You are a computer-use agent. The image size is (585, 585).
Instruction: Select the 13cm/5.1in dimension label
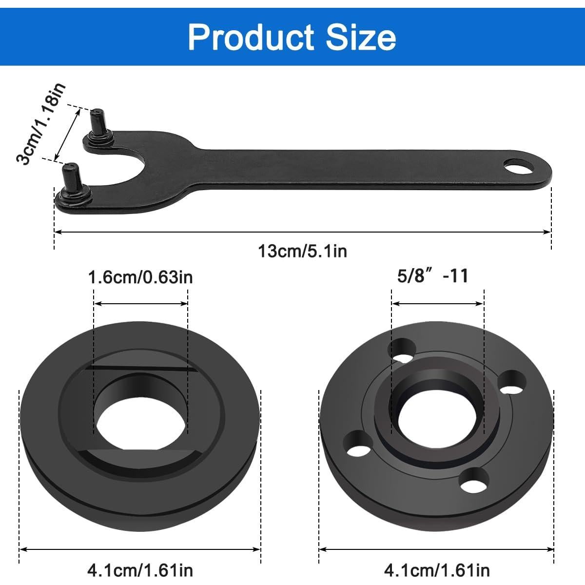click(302, 251)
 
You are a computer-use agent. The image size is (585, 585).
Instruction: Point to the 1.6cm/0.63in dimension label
click(140, 277)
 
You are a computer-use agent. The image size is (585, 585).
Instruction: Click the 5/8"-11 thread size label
click(432, 276)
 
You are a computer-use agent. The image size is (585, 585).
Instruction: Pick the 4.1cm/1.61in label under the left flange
click(140, 569)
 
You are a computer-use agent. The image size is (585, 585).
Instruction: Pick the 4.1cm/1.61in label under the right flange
click(437, 569)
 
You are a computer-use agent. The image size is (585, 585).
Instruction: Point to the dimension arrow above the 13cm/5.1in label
click(302, 232)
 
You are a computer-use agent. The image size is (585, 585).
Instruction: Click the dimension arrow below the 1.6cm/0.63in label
click(141, 304)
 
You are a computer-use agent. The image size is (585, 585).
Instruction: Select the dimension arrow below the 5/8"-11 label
click(437, 304)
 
